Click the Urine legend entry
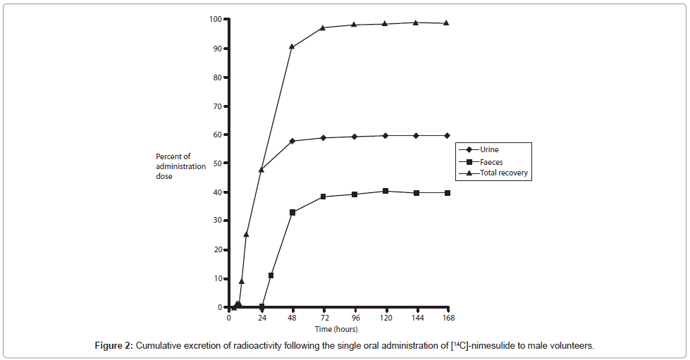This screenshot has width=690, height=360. [490, 149]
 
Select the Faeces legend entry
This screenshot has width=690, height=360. [491, 161]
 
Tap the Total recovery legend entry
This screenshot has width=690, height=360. [503, 173]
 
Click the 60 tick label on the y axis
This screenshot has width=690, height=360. [217, 135]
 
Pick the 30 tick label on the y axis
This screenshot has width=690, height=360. [217, 221]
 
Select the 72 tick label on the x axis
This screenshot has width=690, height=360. [324, 318]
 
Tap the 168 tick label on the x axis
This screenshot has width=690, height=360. [446, 318]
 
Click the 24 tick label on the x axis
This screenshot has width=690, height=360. [262, 318]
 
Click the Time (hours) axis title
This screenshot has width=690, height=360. [336, 328]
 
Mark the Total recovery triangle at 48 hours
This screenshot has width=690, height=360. [292, 46]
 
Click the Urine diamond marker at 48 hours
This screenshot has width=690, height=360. [292, 141]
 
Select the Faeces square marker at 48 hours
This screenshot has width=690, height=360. [292, 212]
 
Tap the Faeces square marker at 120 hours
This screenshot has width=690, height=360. [385, 191]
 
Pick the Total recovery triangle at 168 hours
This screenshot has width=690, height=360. [446, 23]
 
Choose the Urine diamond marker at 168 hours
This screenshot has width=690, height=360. [447, 135]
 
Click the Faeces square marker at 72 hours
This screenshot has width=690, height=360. [324, 197]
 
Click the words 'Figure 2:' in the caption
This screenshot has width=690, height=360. [114, 346]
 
